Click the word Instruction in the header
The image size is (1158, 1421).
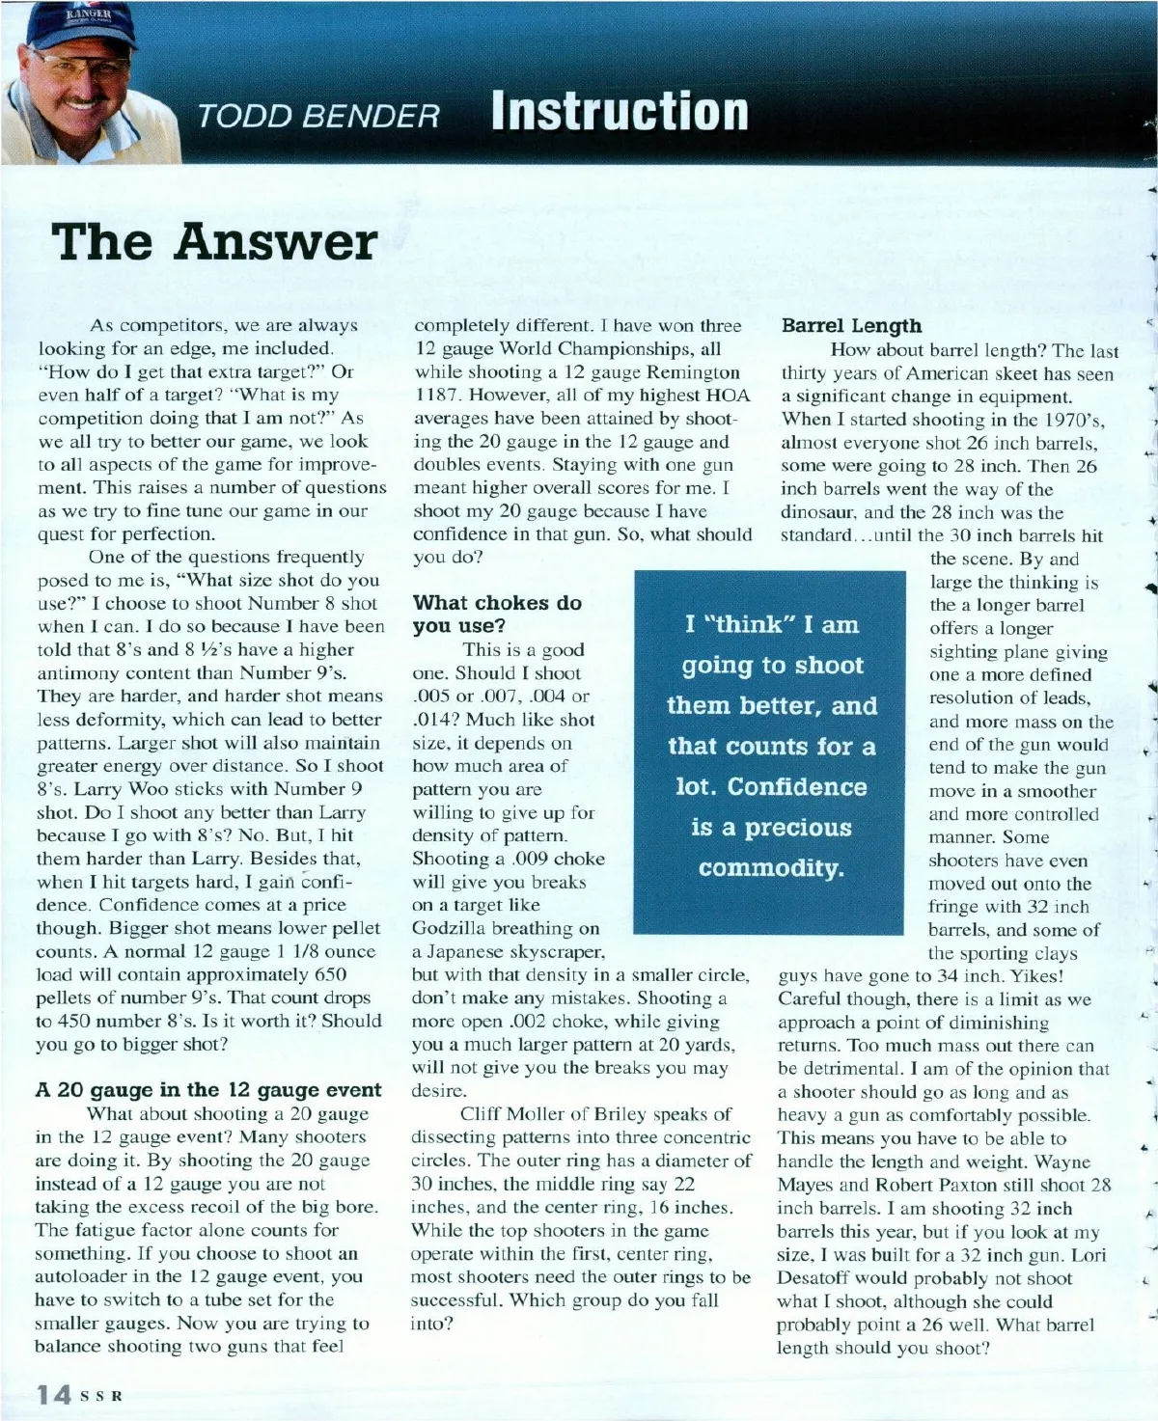pos(620,111)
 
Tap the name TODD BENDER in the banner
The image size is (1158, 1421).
pos(318,117)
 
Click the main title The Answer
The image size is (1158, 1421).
pos(214,241)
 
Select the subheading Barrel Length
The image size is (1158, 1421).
pos(851,326)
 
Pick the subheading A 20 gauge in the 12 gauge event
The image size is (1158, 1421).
pos(208,1090)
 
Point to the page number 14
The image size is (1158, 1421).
pos(53,1395)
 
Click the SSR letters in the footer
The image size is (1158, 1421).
pos(102,1396)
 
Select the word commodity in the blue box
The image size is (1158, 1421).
pos(771,868)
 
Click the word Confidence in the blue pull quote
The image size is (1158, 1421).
pos(797,787)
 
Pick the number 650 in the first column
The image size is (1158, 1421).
pos(331,974)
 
